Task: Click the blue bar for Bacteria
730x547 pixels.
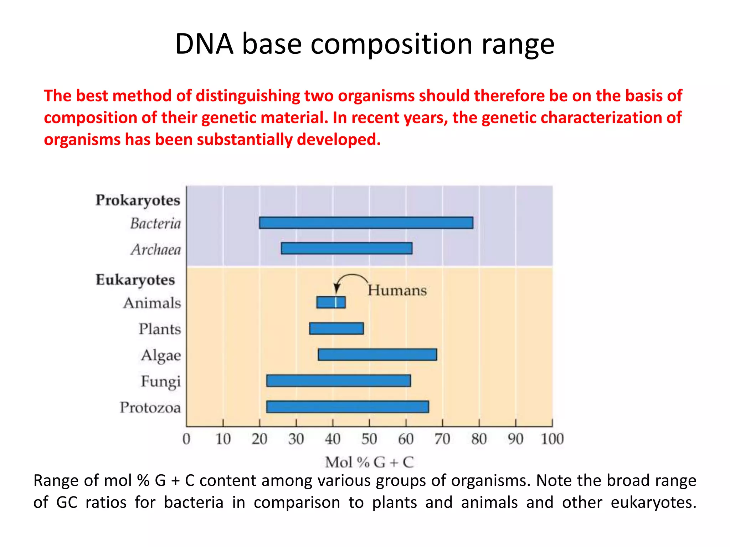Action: (366, 223)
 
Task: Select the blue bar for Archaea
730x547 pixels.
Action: (346, 248)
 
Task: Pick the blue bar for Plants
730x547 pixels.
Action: (336, 328)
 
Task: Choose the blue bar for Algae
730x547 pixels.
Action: (377, 355)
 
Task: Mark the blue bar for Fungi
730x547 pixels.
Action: (339, 381)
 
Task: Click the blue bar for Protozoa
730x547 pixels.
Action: (348, 407)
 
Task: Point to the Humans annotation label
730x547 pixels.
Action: (397, 290)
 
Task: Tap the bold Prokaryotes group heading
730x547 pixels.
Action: (138, 200)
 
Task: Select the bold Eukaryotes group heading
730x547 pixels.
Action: (135, 280)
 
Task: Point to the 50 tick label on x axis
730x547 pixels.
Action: (369, 439)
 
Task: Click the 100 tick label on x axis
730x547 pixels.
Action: (552, 439)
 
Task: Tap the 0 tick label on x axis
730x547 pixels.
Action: (186, 439)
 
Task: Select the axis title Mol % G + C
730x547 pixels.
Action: (369, 462)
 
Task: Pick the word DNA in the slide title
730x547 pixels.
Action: (204, 44)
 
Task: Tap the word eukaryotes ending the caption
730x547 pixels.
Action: (653, 502)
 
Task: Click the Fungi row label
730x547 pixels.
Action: (161, 381)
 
